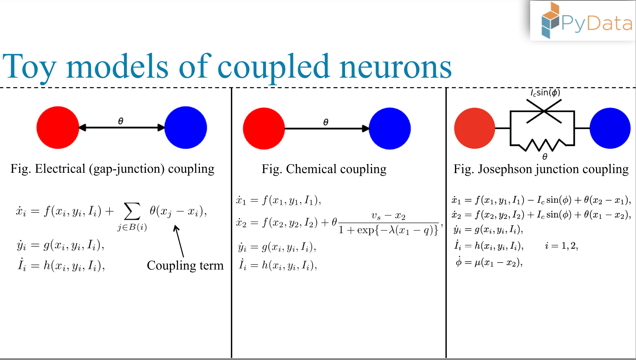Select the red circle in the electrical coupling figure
pos(57,127)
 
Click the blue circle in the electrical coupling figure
pos(185,127)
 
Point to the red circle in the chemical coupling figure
pos(264,128)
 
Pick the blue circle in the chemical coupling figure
pos(390,128)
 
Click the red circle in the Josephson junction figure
pos(474,128)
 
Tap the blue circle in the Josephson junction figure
pos(610,128)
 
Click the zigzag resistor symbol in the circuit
pos(542,145)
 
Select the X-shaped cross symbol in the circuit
pos(544,111)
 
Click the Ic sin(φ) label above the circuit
pos(545,93)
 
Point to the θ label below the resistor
pos(545,157)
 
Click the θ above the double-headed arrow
pos(121,121)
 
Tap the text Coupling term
pos(185,266)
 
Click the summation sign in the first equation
pos(132,211)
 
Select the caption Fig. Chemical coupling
pos(324,169)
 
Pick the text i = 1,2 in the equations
pos(561,246)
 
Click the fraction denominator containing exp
pos(388,230)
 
